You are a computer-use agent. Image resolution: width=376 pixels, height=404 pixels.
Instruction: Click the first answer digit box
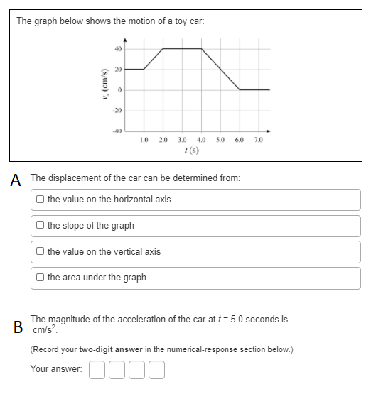98,369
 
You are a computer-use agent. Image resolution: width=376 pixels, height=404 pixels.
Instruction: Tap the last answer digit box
156,369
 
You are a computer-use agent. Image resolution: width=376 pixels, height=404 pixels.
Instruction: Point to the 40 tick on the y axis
118,49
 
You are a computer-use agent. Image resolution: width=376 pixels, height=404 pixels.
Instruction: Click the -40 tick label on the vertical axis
117,130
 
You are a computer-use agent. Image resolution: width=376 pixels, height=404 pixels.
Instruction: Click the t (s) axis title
190,151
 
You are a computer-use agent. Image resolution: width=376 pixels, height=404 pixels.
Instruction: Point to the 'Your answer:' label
56,369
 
